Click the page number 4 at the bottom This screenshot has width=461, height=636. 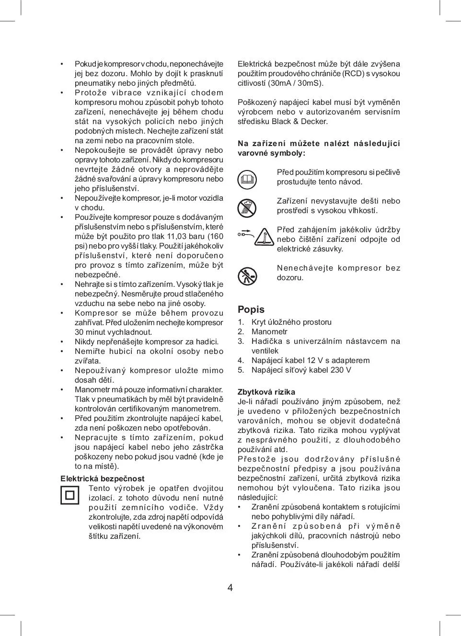click(x=230, y=588)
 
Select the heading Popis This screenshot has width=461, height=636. click(x=251, y=309)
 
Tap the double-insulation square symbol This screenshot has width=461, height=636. click(x=70, y=495)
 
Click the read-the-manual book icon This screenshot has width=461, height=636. click(x=247, y=180)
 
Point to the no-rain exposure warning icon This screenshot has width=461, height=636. click(x=247, y=208)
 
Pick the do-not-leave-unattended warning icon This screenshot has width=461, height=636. click(x=247, y=276)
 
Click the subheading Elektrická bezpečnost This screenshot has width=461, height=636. click(x=102, y=478)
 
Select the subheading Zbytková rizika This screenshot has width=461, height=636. click(x=266, y=392)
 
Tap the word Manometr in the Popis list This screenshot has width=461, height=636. click(x=269, y=331)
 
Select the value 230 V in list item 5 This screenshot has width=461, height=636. click(x=340, y=370)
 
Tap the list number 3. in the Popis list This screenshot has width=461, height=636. click(x=241, y=341)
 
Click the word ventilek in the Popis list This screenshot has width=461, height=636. click(x=265, y=351)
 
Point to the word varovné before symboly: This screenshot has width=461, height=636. click(x=254, y=153)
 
